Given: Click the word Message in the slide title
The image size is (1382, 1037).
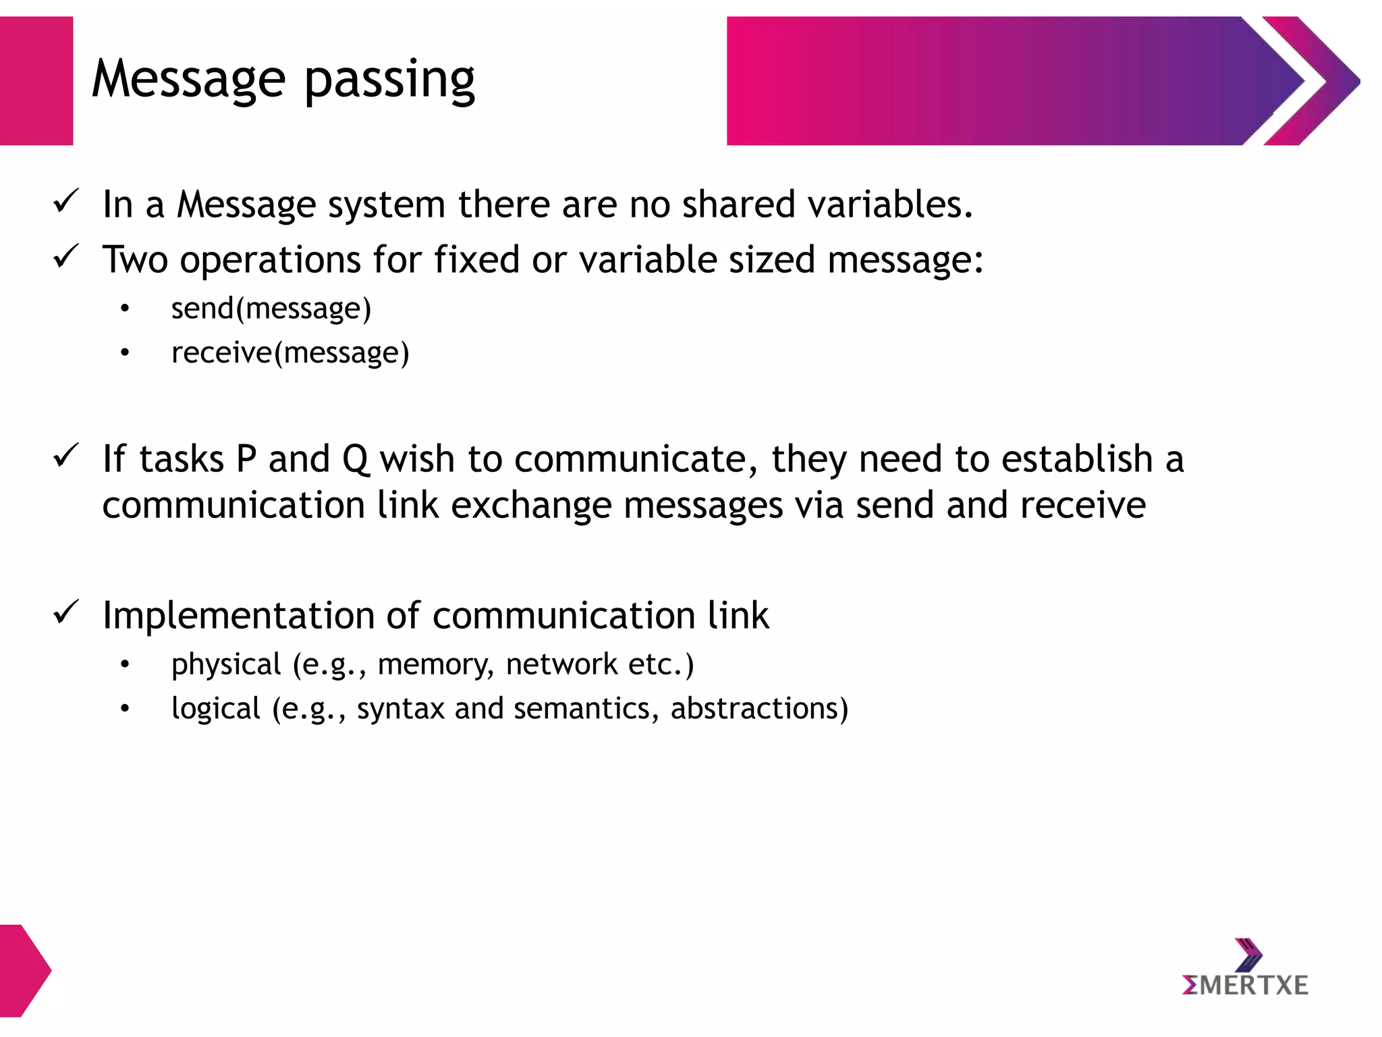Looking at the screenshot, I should coord(188,80).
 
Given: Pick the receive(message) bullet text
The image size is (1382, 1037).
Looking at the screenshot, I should coord(290,353).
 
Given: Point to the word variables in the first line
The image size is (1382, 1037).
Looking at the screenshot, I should coord(890,204).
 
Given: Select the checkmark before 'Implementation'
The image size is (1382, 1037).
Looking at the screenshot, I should coord(66,612).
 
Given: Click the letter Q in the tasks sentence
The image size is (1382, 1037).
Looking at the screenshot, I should coord(356,460).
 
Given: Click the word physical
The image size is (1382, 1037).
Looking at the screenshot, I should coord(226,665).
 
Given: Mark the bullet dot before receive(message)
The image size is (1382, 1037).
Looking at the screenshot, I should coord(124,353).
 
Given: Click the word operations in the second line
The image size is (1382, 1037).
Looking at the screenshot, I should coord(270,261).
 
